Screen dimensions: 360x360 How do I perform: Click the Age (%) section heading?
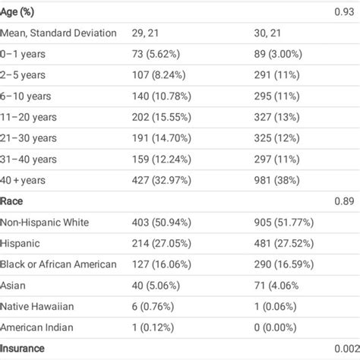point(22,12)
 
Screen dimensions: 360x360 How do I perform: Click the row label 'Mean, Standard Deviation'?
point(59,33)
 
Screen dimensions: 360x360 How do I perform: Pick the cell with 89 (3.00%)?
point(282,55)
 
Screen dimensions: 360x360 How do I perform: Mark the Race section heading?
point(13,201)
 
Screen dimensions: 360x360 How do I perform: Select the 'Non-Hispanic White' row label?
point(45,223)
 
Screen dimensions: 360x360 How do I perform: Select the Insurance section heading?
point(23,348)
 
